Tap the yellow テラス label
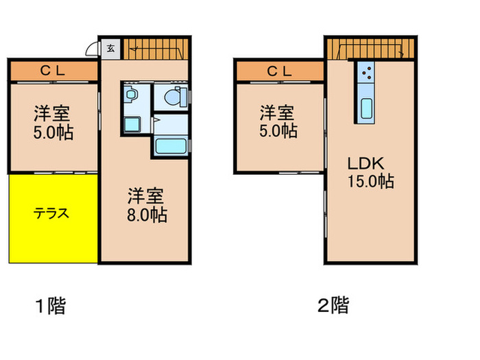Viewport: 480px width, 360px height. pos(53,213)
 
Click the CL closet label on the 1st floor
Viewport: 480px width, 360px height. pos(53,69)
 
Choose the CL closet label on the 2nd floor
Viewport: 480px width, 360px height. pos(279,69)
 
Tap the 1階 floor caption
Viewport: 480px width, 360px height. pos(51,305)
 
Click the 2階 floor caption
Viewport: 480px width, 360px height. pos(333,305)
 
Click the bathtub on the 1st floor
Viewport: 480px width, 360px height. pos(169,145)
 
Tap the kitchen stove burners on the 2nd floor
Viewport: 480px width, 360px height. pos(366,73)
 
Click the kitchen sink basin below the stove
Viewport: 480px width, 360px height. pos(366,108)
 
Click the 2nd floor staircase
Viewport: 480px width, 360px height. pos(370,49)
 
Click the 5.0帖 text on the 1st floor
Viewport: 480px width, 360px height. pos(54,131)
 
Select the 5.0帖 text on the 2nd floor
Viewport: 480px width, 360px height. pos(278,130)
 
